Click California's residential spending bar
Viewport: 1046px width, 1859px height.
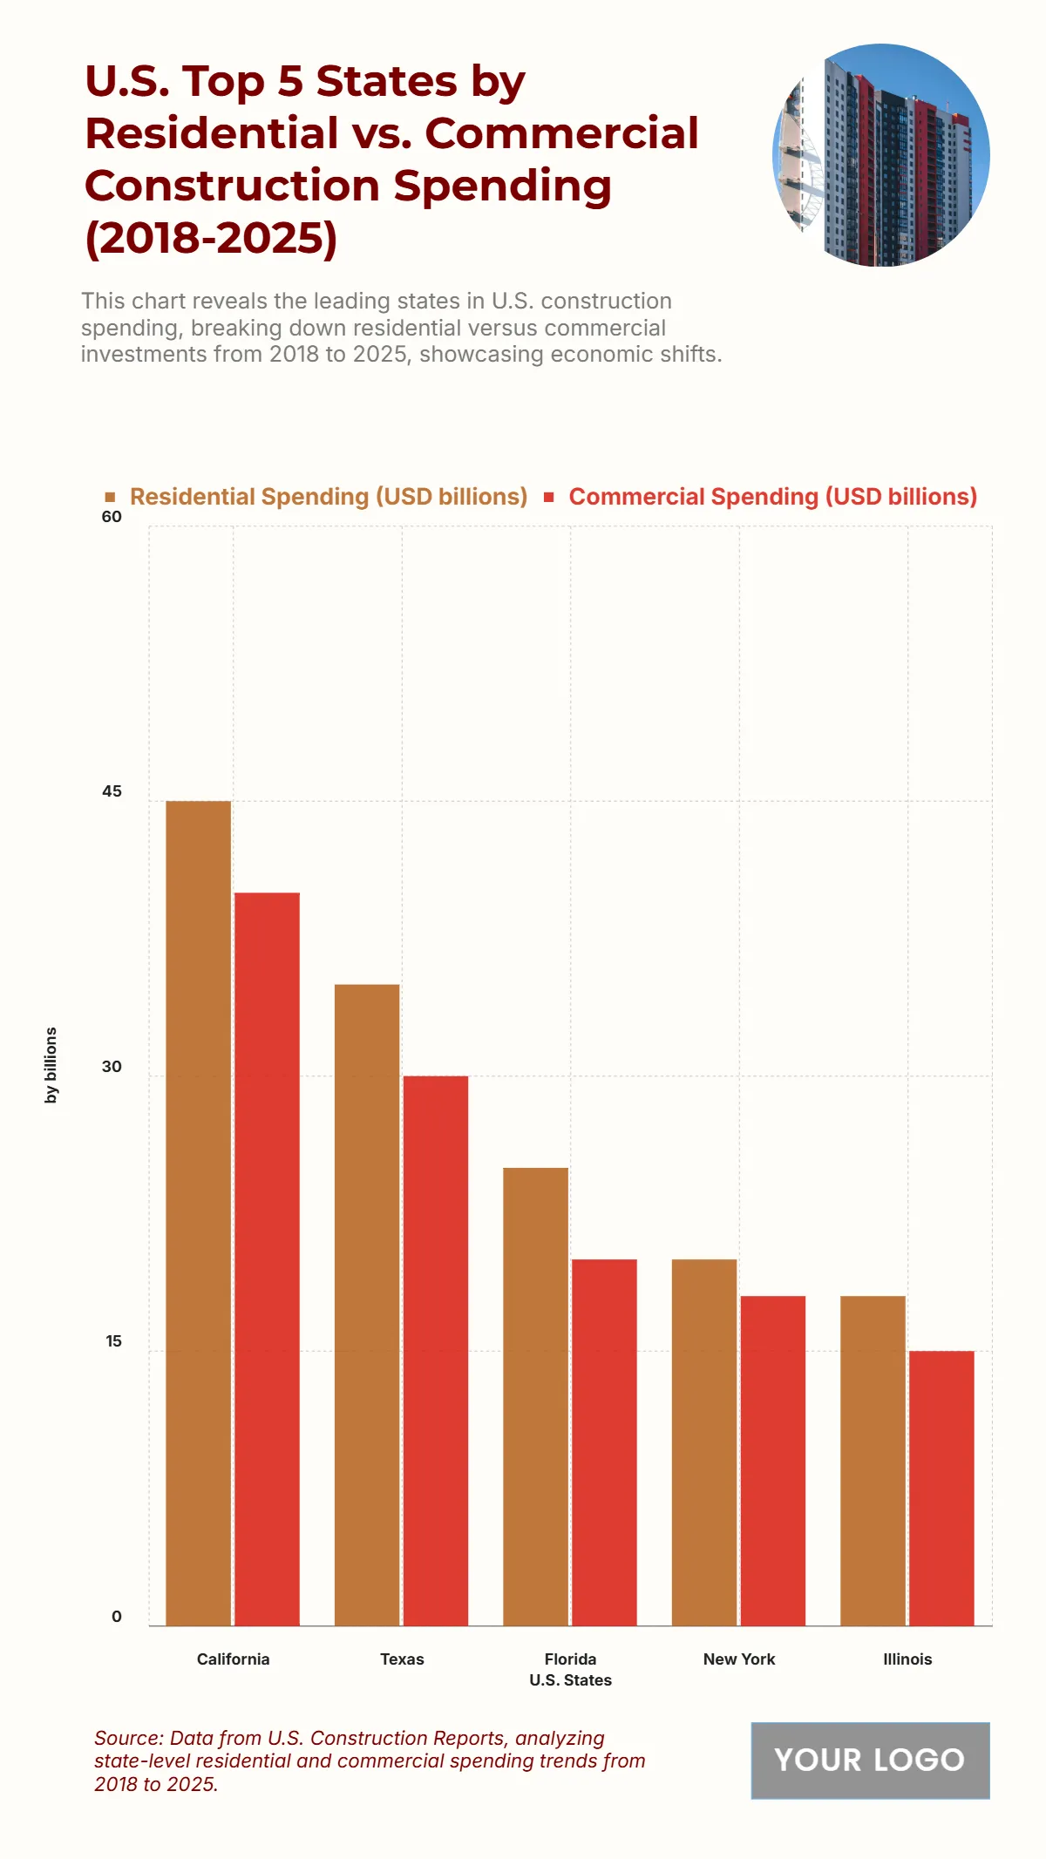tap(199, 1212)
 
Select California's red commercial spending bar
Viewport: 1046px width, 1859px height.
tap(267, 1259)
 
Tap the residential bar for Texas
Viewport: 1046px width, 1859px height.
tap(367, 1305)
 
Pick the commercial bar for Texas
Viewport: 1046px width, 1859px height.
tap(435, 1350)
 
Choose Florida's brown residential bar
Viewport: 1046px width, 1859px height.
tap(535, 1396)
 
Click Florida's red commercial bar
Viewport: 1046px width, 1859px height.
tap(604, 1442)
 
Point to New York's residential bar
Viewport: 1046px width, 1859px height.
tap(704, 1442)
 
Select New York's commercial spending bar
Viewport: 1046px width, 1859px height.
tap(772, 1460)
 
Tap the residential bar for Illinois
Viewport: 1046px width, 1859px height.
tap(873, 1460)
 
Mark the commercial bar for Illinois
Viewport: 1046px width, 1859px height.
tap(941, 1488)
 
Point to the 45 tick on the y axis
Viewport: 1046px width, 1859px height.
tap(112, 791)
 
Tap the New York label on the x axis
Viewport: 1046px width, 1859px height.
tap(739, 1659)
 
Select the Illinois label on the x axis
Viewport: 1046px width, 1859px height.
tap(907, 1659)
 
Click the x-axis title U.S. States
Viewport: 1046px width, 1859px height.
tap(570, 1679)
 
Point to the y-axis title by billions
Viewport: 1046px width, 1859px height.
tap(51, 1065)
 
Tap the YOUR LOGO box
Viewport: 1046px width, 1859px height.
tap(870, 1760)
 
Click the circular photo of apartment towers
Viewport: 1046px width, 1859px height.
tap(881, 155)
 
